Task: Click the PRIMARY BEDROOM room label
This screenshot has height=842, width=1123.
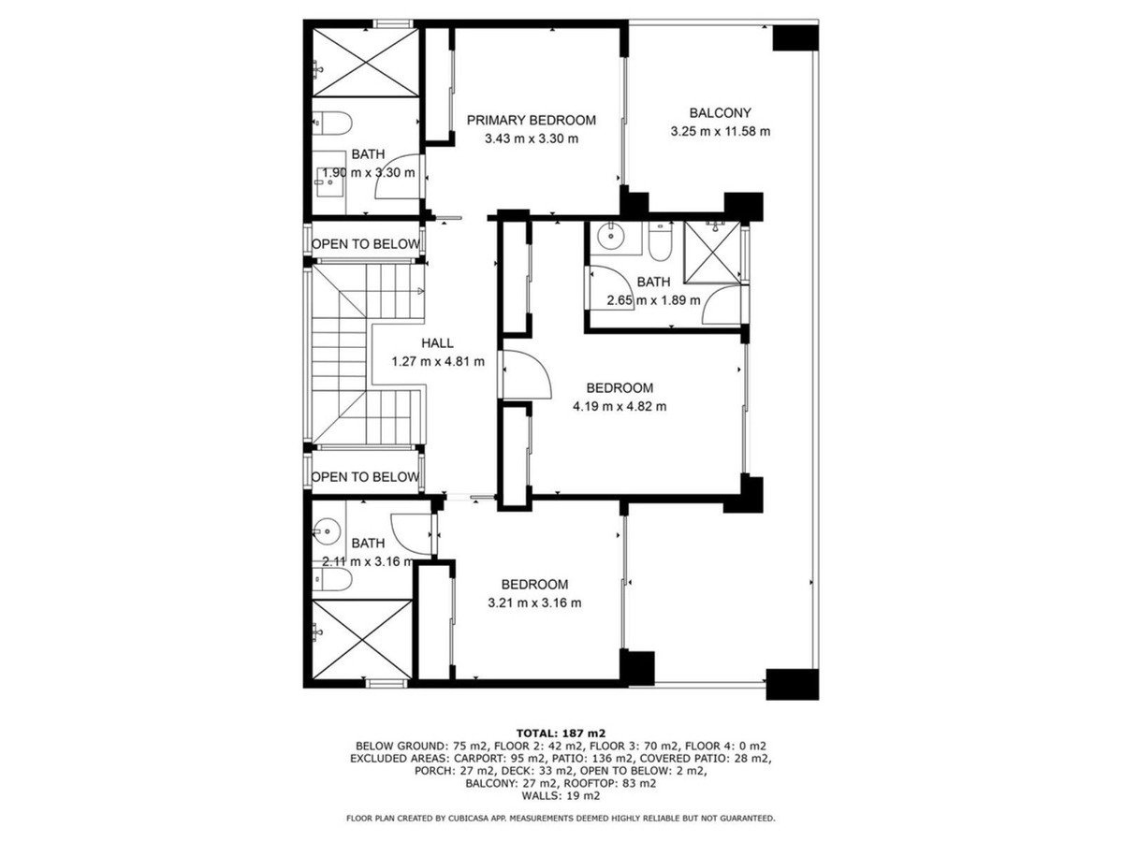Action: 531,121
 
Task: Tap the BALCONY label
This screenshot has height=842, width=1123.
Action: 720,113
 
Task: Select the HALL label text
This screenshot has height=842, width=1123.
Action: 437,343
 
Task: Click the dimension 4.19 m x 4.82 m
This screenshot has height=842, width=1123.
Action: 620,406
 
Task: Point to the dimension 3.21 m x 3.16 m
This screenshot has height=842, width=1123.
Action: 534,602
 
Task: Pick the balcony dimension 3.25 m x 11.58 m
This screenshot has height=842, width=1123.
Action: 720,131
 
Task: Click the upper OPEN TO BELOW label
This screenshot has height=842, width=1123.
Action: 366,244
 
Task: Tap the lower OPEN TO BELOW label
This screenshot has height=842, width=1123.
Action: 365,477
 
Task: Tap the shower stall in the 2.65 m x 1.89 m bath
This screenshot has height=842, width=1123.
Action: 712,252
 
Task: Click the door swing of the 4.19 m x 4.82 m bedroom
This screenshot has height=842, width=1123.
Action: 527,375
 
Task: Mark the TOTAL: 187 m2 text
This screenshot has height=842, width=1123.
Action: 561,733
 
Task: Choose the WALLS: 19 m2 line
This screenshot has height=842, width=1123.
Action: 561,795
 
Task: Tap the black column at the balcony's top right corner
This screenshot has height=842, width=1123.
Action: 795,37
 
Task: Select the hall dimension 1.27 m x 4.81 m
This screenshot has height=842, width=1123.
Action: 438,362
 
